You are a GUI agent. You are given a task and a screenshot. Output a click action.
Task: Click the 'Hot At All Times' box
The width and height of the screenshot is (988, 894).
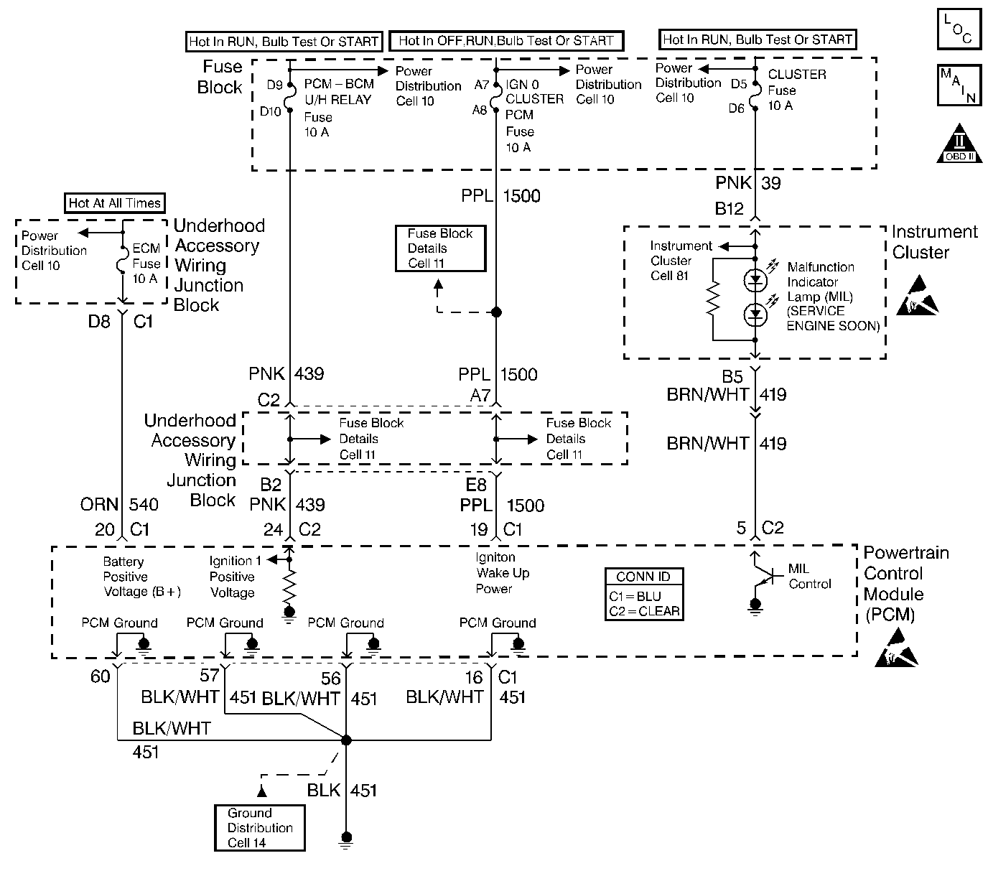[x=115, y=203]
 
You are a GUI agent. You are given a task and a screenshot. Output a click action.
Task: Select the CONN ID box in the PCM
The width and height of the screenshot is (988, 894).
[x=643, y=594]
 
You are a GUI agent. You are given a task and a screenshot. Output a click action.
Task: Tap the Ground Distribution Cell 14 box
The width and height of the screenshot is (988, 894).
[x=260, y=828]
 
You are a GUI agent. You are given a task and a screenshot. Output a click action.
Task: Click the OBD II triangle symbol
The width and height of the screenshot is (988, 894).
[x=960, y=144]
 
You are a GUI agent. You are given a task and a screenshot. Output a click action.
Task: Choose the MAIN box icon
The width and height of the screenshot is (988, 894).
[x=959, y=86]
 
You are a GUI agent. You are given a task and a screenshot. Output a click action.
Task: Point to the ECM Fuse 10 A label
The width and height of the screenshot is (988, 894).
[x=146, y=264]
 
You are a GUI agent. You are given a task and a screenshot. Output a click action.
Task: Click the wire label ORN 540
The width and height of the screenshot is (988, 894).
[x=119, y=505]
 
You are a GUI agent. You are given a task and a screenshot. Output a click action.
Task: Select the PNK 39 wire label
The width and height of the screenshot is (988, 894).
[x=748, y=183]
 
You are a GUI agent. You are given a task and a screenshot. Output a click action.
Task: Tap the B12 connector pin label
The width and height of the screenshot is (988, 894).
[x=730, y=209]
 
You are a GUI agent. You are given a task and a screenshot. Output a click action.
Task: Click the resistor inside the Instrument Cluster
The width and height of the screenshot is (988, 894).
[x=713, y=299]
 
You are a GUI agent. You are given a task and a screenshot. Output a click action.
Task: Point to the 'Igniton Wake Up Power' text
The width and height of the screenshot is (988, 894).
[x=503, y=573]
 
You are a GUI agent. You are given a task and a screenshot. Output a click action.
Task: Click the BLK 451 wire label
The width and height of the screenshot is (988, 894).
[x=342, y=791]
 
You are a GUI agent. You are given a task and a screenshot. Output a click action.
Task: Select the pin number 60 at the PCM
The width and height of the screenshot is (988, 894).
[x=101, y=676]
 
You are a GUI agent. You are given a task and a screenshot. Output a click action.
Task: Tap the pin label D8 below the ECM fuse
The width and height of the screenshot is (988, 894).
[x=99, y=322]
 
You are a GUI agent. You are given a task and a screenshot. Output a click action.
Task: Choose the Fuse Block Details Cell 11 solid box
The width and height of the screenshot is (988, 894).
[x=440, y=248]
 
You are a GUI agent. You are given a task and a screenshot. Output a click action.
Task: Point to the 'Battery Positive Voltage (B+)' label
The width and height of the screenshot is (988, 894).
[x=141, y=577]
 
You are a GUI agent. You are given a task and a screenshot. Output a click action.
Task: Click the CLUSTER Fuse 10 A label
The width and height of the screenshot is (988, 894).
[x=796, y=90]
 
